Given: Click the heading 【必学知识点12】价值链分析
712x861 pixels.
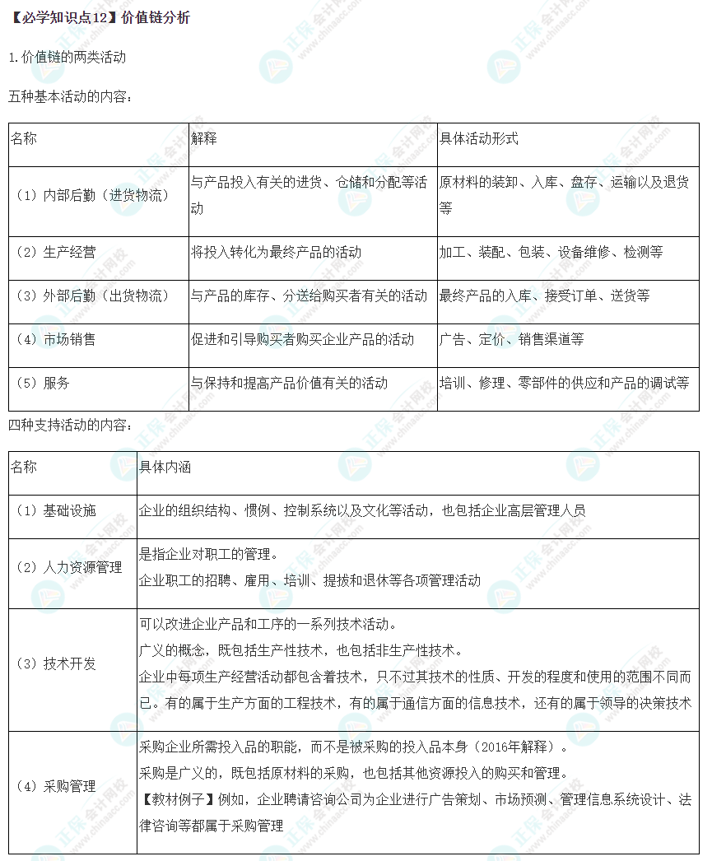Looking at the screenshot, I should point(98,17).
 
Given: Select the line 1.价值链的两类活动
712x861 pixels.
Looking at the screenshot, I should point(67,58).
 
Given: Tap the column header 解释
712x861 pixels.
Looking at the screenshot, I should point(204,138).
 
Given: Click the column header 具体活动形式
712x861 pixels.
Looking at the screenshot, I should point(479,138).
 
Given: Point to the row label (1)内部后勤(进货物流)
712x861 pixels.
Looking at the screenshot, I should point(92,196).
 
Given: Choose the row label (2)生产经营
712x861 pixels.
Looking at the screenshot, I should point(55,252).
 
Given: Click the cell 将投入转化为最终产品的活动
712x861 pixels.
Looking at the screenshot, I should point(276,252).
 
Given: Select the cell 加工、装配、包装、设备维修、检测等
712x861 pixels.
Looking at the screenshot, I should point(551,252).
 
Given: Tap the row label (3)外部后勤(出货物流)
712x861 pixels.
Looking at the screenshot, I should point(92,296).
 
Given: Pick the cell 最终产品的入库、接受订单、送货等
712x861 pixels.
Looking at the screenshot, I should point(544,296).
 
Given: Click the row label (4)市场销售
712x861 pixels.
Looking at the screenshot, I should point(55,339).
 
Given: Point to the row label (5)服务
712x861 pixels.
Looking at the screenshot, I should point(43,383).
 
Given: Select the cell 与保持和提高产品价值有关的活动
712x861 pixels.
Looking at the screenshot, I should point(289,383).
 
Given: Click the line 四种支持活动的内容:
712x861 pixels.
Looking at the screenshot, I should point(70,426).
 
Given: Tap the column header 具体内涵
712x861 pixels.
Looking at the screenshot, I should point(165,467).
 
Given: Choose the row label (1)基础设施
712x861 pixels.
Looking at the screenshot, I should point(55,510).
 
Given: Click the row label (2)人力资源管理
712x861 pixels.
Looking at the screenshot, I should point(68,567).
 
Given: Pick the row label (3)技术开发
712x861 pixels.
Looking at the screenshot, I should point(55,663).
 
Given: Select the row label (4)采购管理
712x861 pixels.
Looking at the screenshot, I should point(55,786).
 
